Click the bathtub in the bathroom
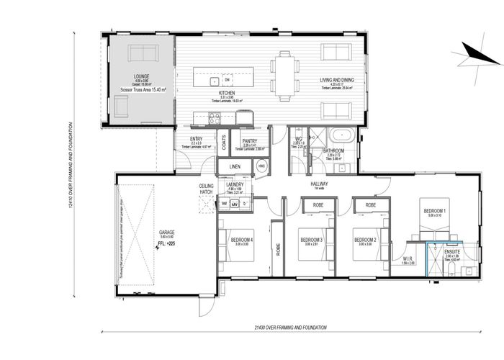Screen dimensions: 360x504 pos(337,135)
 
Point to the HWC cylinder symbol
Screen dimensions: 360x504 pos(261,166)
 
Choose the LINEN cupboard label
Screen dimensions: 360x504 pos(235,166)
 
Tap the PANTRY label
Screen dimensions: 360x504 pos(250,141)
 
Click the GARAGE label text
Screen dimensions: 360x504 pos(166,233)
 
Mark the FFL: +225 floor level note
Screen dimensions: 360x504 pos(166,243)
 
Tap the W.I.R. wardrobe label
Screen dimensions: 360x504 pos(407,258)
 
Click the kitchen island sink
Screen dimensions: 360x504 pos(214,81)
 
